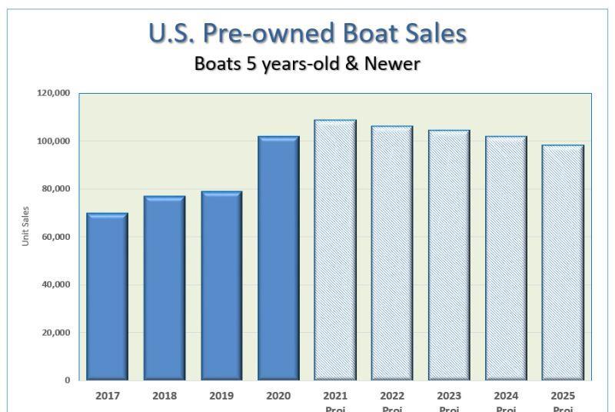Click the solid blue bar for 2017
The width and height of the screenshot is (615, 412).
[107, 297]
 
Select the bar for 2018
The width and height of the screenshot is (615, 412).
[164, 288]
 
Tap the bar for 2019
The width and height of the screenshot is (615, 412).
[221, 286]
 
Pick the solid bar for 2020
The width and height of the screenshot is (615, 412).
[278, 258]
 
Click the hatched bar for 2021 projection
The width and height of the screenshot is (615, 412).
[335, 251]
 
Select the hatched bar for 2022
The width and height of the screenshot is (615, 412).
[392, 254]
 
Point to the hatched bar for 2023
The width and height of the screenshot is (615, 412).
[449, 255]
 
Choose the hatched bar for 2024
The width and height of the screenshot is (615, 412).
[506, 258]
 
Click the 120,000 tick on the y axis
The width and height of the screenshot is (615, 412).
[53, 93]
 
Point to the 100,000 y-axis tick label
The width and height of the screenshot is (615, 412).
[53, 141]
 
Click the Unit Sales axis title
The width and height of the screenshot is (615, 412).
[25, 226]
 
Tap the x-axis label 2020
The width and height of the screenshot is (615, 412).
[278, 396]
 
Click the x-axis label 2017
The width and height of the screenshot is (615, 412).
[107, 396]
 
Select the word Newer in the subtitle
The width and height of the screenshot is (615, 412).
[393, 63]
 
